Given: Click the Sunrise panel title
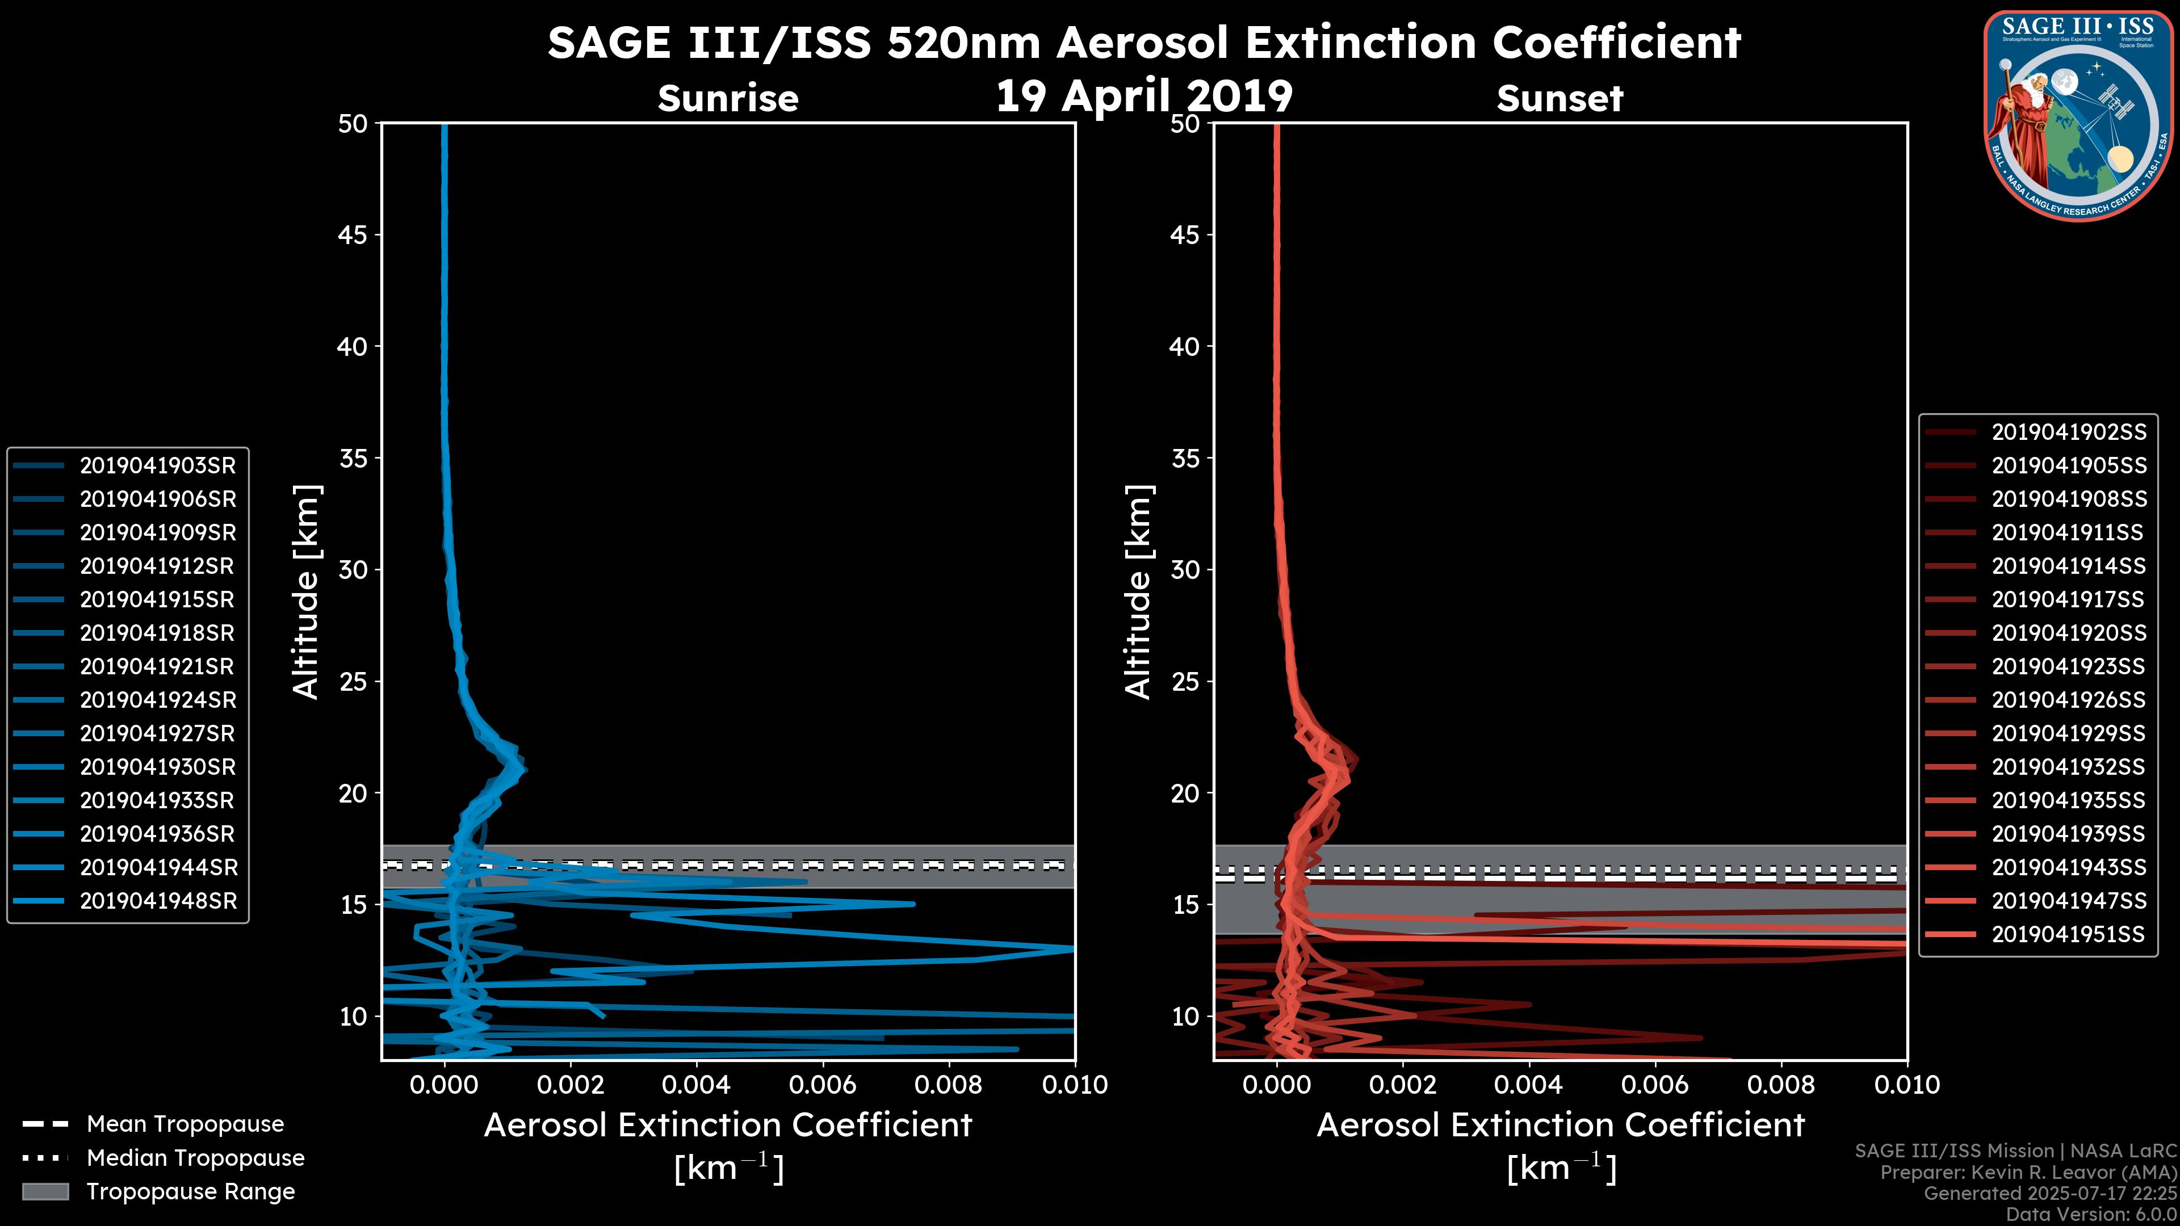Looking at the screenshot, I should tap(728, 99).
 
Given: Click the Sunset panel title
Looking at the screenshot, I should tap(1559, 99).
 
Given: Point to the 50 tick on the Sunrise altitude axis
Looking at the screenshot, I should tap(354, 124).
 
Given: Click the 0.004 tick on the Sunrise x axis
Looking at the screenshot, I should tap(695, 1085).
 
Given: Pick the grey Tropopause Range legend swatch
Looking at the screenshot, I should tap(45, 1191).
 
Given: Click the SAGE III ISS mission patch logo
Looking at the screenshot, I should tap(2078, 115).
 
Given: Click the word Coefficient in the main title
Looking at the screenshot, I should tap(1616, 43).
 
